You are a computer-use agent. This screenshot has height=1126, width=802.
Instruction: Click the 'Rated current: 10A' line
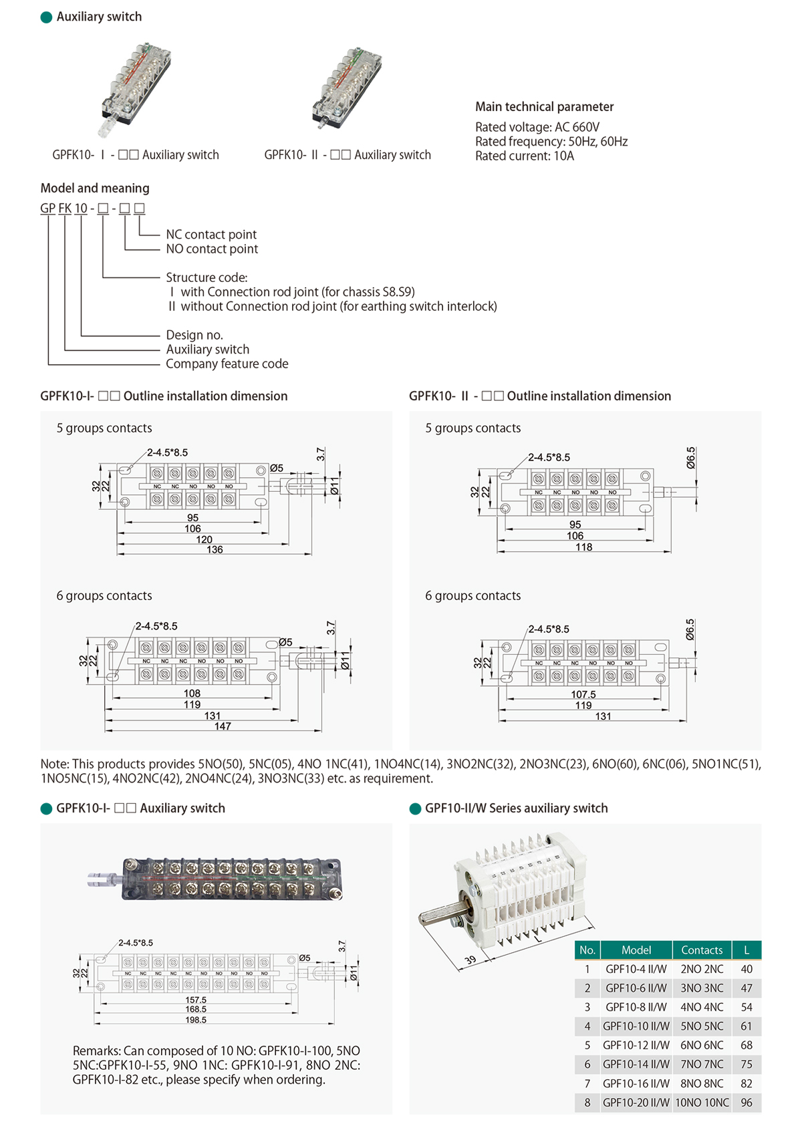tap(525, 156)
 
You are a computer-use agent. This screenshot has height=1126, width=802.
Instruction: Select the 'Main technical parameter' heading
tap(544, 106)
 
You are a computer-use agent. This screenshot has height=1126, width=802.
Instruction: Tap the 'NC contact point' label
tap(211, 235)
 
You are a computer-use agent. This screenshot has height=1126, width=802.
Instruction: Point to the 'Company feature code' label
tap(227, 364)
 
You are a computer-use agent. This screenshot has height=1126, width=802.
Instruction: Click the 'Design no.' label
tap(194, 335)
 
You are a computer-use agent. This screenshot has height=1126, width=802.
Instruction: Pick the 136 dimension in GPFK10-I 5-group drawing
tap(215, 549)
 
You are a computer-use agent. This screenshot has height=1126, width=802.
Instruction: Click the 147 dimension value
tap(223, 726)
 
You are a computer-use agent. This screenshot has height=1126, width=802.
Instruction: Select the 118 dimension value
tap(583, 547)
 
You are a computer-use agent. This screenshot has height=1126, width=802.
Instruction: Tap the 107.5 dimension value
tap(583, 694)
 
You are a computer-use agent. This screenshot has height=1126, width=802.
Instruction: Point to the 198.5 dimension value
tap(196, 1020)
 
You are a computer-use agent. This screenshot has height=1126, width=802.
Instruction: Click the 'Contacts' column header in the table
tap(702, 950)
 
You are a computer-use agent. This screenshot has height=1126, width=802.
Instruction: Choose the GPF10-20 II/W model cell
tap(636, 1103)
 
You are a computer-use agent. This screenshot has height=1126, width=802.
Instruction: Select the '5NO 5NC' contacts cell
tap(702, 1026)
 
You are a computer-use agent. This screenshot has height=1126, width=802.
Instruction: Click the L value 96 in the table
tap(747, 1103)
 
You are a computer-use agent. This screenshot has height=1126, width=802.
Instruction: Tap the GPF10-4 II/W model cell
tap(636, 969)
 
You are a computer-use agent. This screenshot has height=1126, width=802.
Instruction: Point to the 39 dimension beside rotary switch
tap(471, 960)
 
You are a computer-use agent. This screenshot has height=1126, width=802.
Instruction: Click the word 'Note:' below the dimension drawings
tap(55, 764)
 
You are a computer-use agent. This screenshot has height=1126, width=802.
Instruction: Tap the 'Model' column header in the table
tap(636, 950)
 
